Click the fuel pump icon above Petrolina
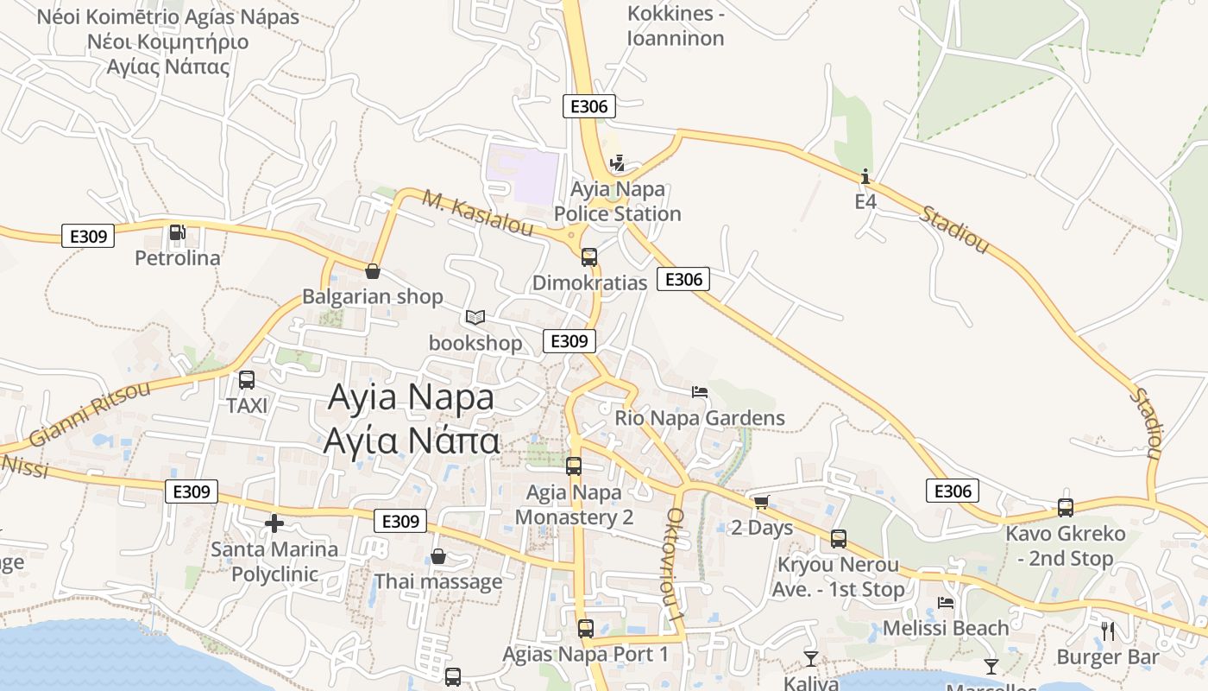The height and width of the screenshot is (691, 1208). (177, 231)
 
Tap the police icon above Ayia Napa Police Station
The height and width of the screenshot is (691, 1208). (616, 162)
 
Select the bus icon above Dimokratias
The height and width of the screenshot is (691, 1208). (589, 257)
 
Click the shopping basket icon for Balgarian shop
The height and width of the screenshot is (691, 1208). (373, 271)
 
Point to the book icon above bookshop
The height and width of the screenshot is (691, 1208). (475, 317)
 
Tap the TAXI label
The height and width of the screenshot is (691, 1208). (247, 405)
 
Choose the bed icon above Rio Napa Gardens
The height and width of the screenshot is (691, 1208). (700, 391)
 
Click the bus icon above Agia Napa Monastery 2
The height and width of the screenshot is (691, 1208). (574, 466)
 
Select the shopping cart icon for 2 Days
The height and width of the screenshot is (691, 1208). (761, 502)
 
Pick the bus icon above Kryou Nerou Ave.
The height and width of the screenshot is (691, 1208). (839, 539)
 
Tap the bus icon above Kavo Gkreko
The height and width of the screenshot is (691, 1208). (1066, 508)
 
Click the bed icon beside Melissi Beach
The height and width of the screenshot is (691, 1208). (946, 603)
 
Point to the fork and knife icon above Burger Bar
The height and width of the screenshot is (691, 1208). (1108, 631)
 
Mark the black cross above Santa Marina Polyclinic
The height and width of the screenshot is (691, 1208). (274, 523)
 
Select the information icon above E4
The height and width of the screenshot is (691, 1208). (865, 177)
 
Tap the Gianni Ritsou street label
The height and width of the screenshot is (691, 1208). (90, 413)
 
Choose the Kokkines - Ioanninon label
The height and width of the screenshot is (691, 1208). (676, 26)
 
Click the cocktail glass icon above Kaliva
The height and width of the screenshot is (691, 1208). (811, 659)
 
